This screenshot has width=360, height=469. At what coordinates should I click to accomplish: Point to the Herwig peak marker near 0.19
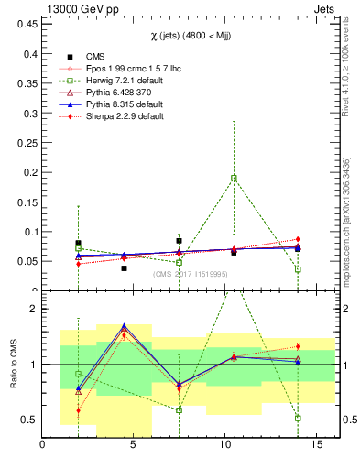pos(235,178)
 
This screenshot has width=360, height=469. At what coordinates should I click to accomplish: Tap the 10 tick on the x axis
pos(225,444)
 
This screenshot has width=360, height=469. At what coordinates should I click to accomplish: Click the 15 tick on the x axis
pos(316,444)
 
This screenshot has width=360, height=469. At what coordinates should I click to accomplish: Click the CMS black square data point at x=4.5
pos(124,268)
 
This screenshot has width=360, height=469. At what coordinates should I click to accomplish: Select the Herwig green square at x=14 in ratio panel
pos(299,418)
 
